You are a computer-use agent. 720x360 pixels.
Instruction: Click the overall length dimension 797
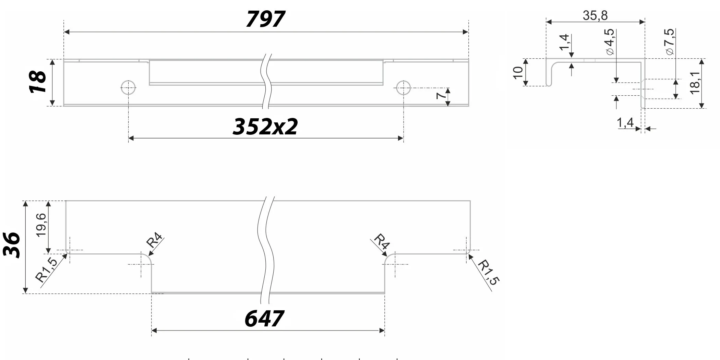tap(265, 19)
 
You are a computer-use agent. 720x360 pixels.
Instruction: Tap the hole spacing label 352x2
tap(265, 127)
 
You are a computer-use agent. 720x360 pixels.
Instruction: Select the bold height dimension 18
tap(38, 82)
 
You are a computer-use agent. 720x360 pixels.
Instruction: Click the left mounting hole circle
tap(128, 88)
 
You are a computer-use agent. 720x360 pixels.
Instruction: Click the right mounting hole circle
tap(403, 88)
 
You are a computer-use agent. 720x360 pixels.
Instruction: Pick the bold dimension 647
tap(264, 319)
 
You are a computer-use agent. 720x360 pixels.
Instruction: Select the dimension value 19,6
tap(41, 225)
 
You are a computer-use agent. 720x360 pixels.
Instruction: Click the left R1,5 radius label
tap(47, 270)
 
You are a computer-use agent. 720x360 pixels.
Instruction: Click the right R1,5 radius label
tap(489, 272)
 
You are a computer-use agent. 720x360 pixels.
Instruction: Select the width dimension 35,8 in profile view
tap(595, 15)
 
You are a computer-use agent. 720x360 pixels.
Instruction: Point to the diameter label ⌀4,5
tap(610, 42)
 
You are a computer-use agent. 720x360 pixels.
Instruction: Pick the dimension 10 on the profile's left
tap(518, 72)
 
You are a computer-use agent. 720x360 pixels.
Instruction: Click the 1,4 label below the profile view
tap(625, 122)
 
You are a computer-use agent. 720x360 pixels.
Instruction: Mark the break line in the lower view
tap(266, 250)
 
